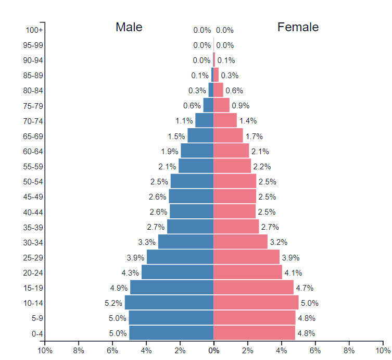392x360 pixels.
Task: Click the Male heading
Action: tap(129, 27)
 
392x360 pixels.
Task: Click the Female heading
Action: tap(298, 27)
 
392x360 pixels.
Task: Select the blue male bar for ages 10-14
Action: tap(169, 303)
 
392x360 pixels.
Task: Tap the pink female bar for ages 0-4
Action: tap(254, 333)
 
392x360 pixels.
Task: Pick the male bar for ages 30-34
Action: tap(186, 242)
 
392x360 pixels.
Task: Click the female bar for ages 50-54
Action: tap(235, 181)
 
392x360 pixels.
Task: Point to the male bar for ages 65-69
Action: tap(200, 136)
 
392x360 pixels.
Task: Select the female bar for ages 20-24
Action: tap(248, 272)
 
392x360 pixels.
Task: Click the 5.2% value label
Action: tap(113, 303)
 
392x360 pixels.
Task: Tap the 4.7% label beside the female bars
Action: tap(305, 288)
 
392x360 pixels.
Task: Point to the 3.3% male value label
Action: tap(147, 242)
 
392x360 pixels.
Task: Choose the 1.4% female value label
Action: tap(248, 121)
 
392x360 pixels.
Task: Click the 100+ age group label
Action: tap(34, 30)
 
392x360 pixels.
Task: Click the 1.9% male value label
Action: tap(170, 151)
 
